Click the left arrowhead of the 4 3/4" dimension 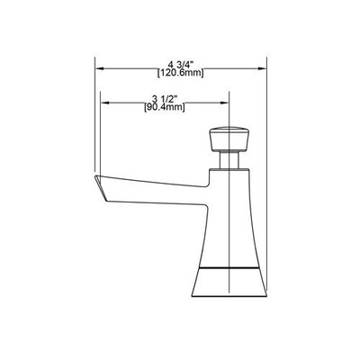click(101, 67)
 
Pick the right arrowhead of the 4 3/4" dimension click(262, 67)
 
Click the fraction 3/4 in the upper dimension click(189, 63)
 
